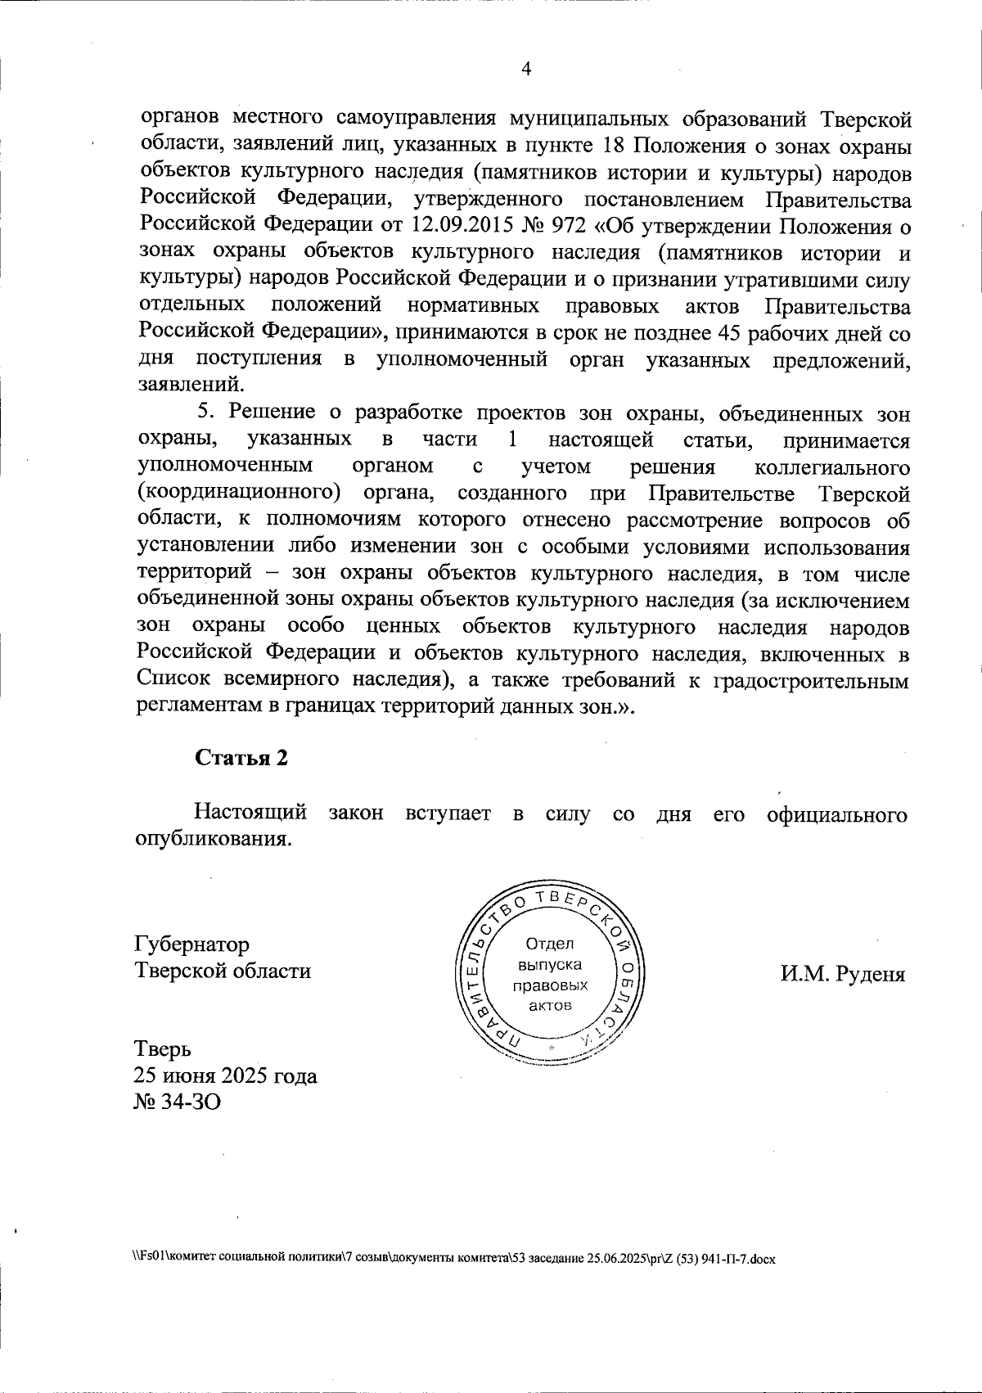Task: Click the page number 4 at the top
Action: coord(526,70)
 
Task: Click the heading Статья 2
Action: coord(241,758)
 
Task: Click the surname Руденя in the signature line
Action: coord(870,975)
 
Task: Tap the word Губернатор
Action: coord(192,945)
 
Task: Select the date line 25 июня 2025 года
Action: coord(225,1075)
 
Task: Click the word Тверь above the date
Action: coord(163,1049)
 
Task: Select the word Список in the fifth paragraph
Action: coord(173,680)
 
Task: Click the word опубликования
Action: coord(213,841)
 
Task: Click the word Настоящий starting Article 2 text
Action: coord(250,814)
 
